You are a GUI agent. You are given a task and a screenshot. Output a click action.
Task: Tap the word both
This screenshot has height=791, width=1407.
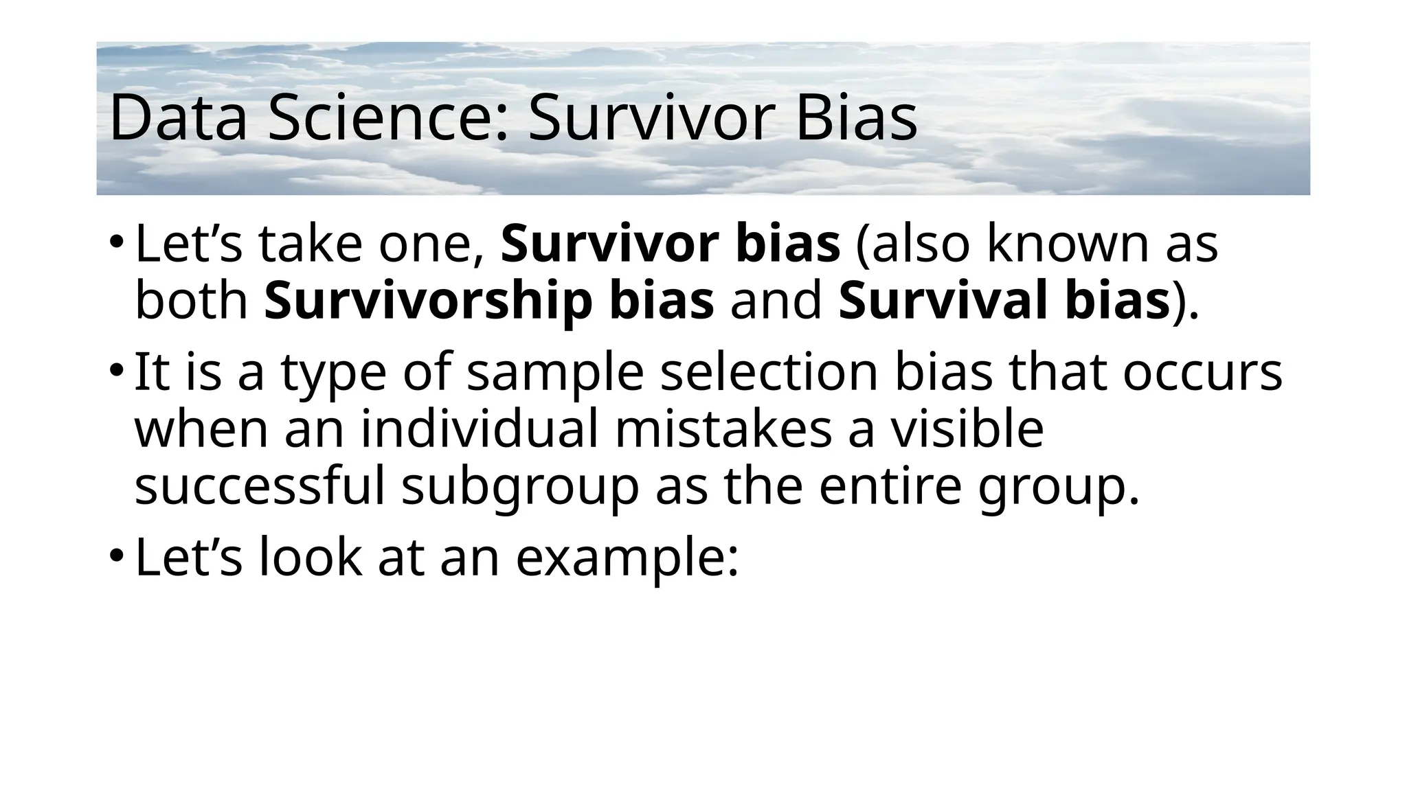click(191, 302)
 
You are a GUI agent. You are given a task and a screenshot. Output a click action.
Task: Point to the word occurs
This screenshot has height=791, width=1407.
click(1202, 372)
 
